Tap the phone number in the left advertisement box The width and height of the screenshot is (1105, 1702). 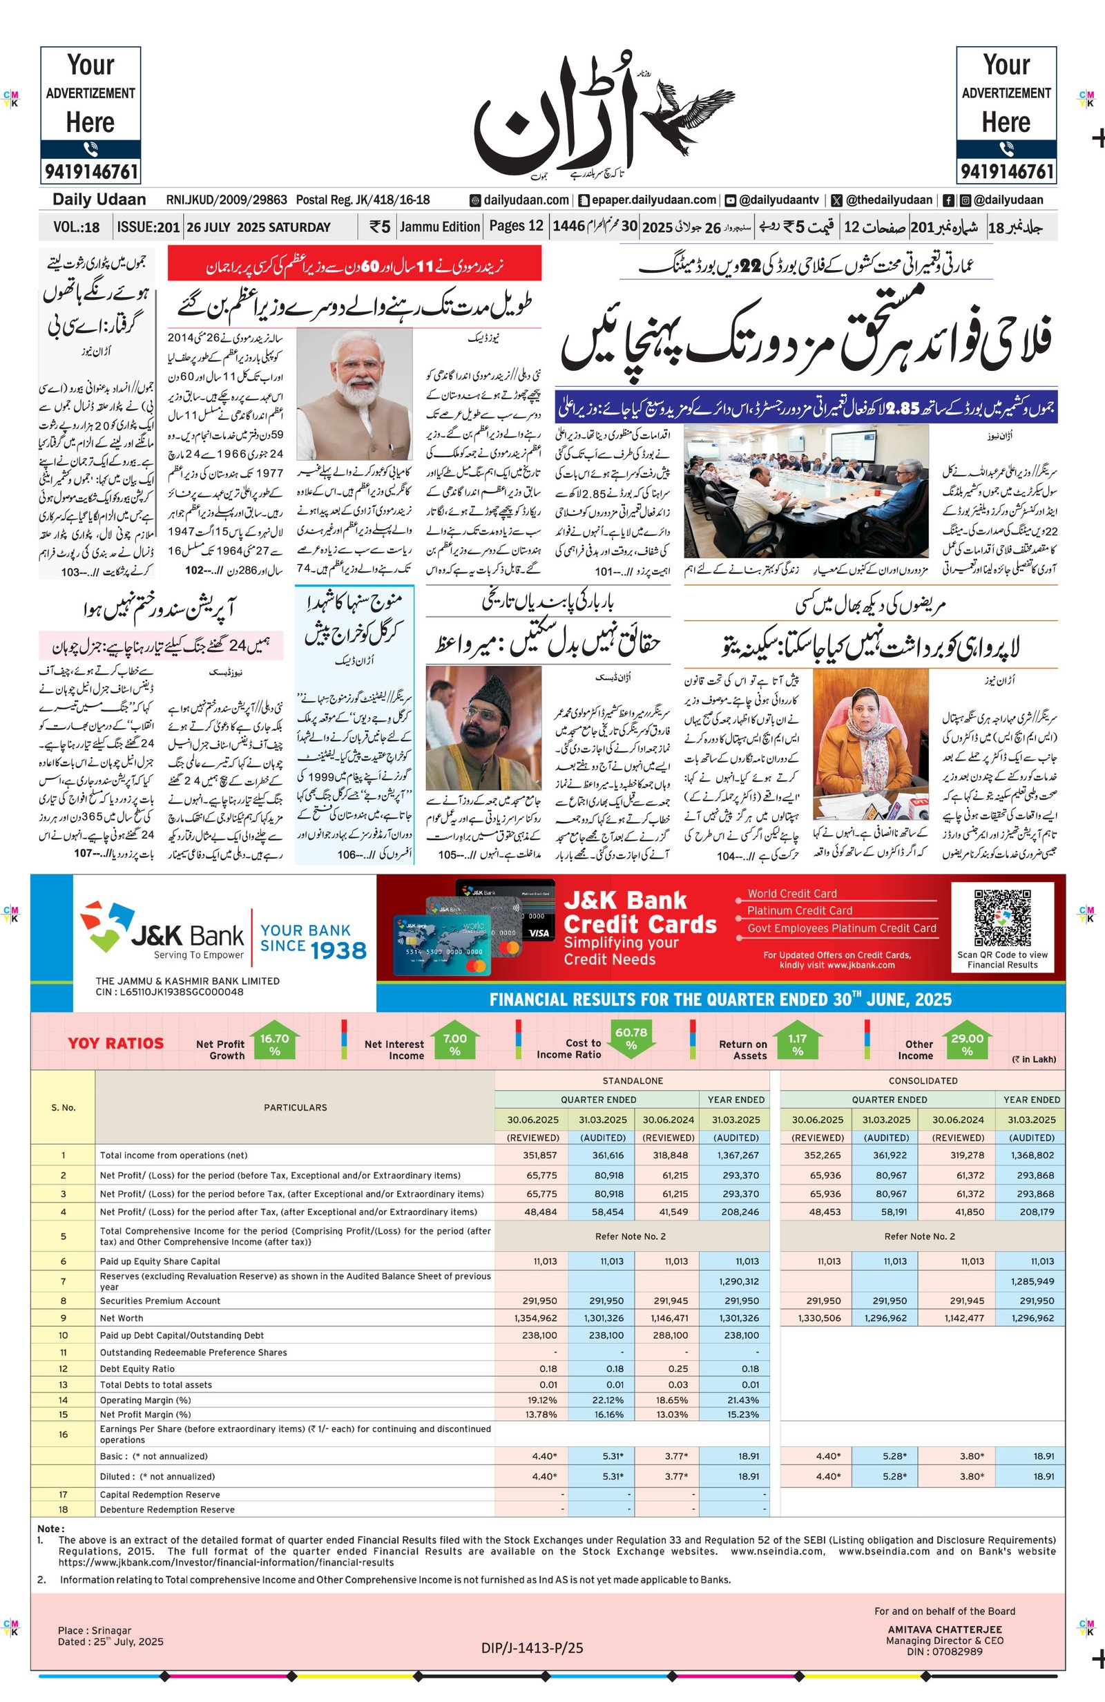(x=91, y=171)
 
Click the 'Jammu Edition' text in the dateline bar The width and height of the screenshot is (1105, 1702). (x=440, y=227)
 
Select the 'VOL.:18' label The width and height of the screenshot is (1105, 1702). (x=76, y=227)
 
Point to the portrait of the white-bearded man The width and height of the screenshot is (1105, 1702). (x=354, y=393)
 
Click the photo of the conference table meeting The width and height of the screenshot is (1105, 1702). (x=806, y=490)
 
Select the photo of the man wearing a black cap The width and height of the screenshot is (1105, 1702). (x=483, y=727)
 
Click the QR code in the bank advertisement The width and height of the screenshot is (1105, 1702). (x=1002, y=917)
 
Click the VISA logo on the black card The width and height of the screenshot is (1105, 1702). (x=539, y=933)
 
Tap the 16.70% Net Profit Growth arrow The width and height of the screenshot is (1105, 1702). (x=275, y=1045)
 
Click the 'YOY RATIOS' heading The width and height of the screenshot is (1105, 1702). (x=115, y=1043)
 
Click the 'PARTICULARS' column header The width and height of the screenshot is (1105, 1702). (x=295, y=1107)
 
